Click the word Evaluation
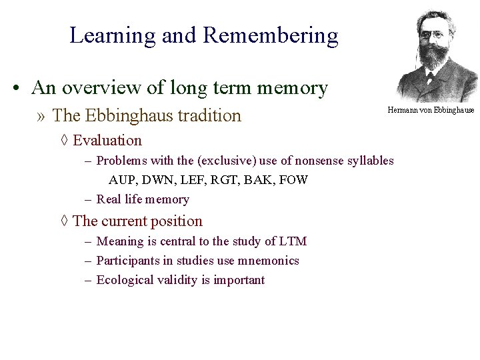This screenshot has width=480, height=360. (x=107, y=140)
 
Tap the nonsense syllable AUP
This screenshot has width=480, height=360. (x=122, y=180)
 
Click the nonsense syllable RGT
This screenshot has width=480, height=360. (x=223, y=180)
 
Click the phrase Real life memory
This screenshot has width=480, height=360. (x=143, y=199)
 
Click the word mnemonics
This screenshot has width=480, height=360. (x=268, y=260)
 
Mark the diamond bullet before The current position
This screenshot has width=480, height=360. (x=64, y=221)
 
